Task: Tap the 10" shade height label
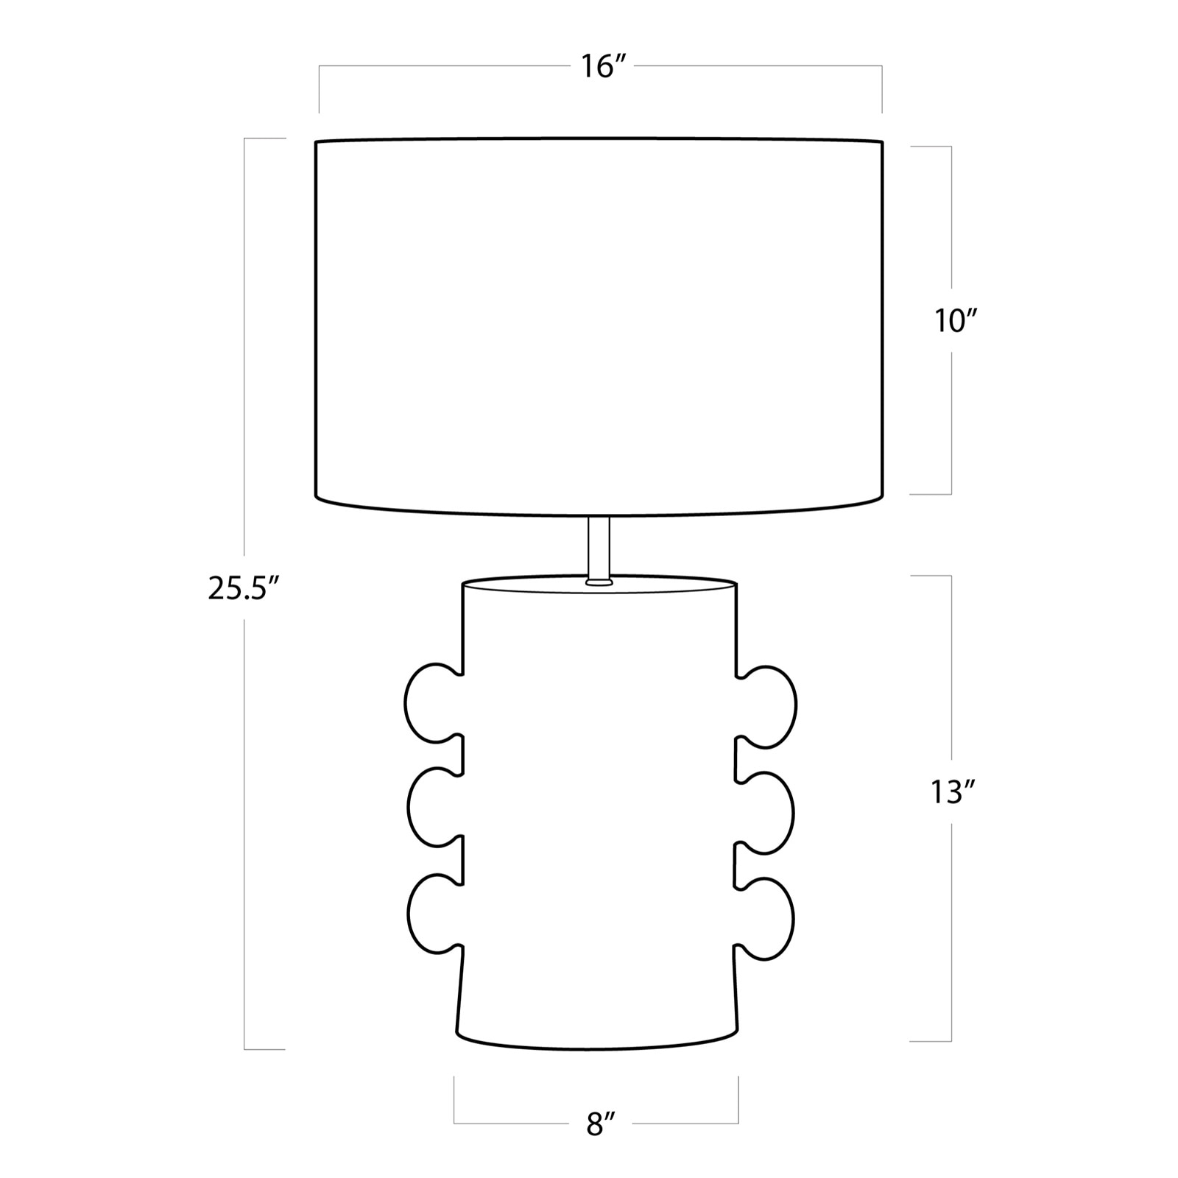tap(956, 321)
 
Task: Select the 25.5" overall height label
tap(244, 589)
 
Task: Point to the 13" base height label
tap(953, 793)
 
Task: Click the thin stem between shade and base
tap(599, 549)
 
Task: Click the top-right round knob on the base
tap(766, 707)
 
